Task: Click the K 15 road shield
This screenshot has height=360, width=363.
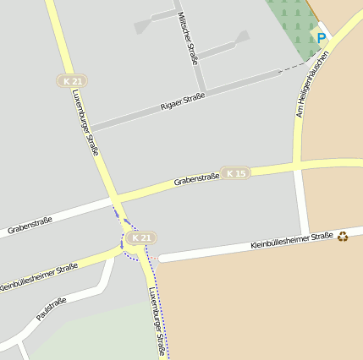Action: (236, 173)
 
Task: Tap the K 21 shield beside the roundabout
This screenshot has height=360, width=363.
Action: (142, 238)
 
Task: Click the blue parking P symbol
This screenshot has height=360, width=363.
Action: (322, 38)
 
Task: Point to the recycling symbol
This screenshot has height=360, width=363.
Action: (343, 236)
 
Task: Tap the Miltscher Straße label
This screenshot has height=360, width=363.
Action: (188, 38)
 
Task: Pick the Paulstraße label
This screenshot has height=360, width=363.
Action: (52, 309)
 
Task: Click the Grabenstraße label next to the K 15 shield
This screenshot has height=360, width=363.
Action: (196, 179)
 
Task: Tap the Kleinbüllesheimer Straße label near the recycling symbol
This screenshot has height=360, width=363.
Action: (292, 242)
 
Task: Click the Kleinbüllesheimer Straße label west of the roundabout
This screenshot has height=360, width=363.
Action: (39, 278)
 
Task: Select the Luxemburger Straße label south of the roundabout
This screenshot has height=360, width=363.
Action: (157, 321)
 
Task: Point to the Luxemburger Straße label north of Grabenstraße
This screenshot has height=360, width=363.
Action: (85, 122)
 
